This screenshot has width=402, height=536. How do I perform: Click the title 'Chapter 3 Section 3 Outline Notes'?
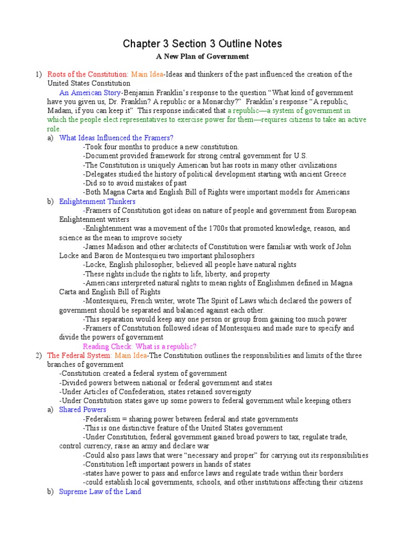click(x=202, y=43)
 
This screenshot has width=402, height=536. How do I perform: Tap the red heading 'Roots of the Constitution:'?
click(x=87, y=74)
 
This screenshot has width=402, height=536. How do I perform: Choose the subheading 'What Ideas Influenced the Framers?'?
click(x=116, y=138)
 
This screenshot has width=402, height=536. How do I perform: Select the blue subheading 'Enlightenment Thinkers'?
click(x=97, y=202)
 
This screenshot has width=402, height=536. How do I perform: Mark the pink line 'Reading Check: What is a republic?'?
click(x=140, y=347)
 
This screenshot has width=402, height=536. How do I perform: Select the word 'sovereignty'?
click(x=231, y=392)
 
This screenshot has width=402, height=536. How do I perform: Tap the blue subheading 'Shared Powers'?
click(x=83, y=410)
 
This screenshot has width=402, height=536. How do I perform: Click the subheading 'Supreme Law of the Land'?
click(x=100, y=492)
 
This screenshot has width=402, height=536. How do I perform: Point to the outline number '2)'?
click(x=39, y=355)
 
